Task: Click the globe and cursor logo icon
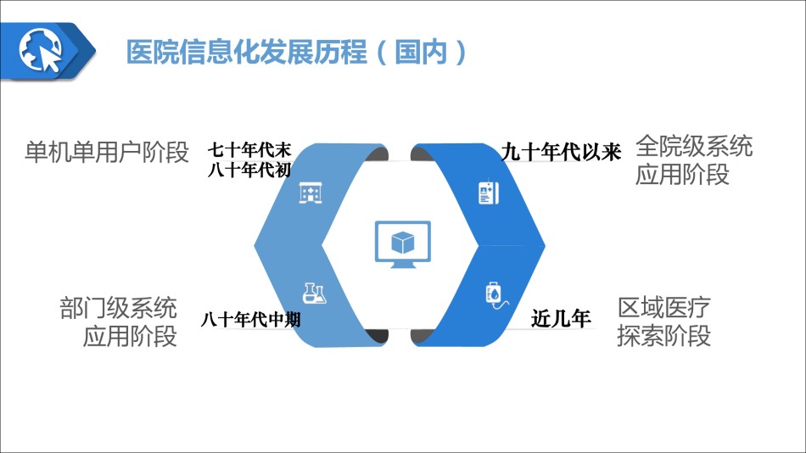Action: coord(41,50)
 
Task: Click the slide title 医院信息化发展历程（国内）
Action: coord(297,52)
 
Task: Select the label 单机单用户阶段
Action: coord(107,152)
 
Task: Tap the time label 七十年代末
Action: coord(249,150)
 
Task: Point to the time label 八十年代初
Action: coord(249,170)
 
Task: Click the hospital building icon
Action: coord(311,193)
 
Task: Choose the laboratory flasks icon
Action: coord(314,294)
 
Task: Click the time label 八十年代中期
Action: coord(251,320)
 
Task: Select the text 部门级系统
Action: coord(118,308)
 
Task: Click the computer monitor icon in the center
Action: coord(403,244)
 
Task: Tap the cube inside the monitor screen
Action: coord(402,242)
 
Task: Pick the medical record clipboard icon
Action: coord(489,193)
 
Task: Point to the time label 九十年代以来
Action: coord(562,152)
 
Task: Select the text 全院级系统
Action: coord(694,146)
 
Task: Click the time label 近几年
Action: coord(561,318)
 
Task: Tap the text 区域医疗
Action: coord(664,307)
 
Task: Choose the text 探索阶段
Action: coord(664,336)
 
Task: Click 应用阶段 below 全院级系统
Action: coord(682,174)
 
